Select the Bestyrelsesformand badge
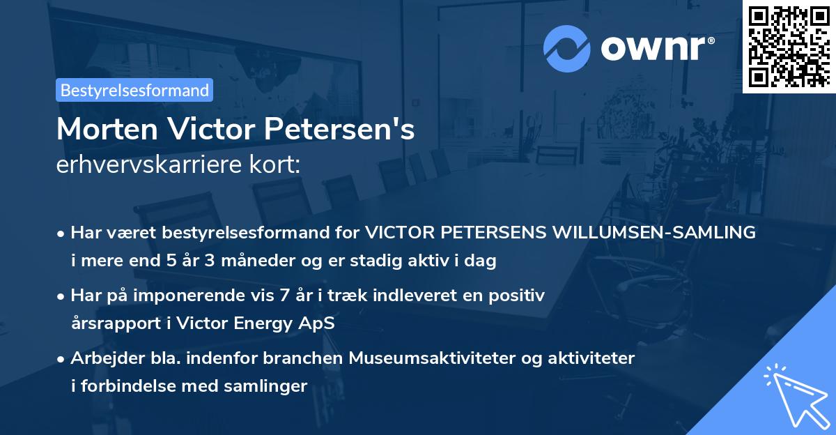point(134,90)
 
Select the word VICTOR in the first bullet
point(401,232)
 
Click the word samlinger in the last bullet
point(272,386)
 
